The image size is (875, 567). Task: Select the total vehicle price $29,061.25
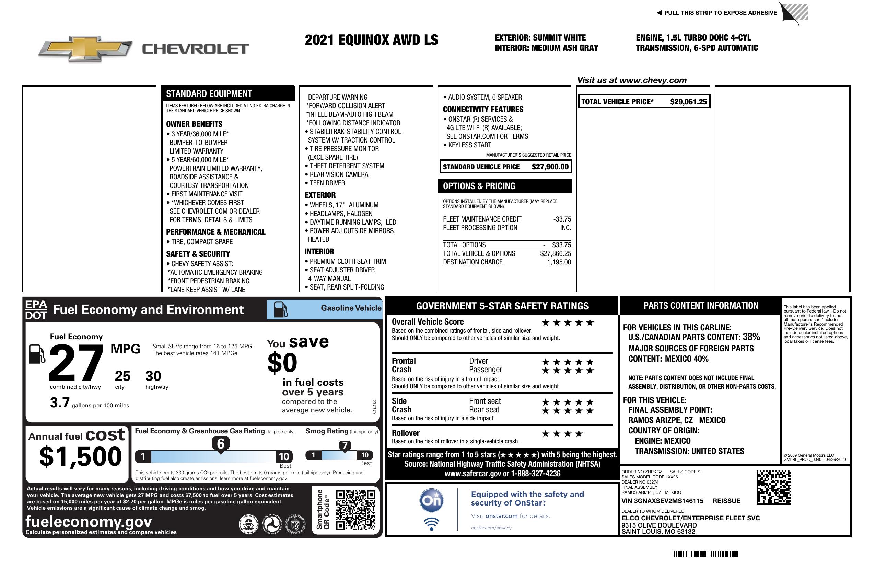click(x=688, y=102)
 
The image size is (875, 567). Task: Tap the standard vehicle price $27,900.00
click(x=550, y=167)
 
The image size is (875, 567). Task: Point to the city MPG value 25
click(x=122, y=376)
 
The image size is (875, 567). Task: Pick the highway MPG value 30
click(x=153, y=376)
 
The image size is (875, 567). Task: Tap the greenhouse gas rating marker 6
click(x=221, y=444)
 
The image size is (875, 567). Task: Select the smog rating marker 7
click(x=345, y=445)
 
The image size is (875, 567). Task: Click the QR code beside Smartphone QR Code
click(x=355, y=509)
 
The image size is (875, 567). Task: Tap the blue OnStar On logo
click(x=431, y=500)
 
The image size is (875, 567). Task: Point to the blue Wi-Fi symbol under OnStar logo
click(x=431, y=524)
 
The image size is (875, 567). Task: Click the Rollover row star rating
click(x=562, y=434)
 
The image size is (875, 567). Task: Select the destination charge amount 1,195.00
click(x=559, y=262)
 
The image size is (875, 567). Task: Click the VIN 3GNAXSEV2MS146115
click(x=662, y=501)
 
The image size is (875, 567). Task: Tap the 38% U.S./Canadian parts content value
click(x=751, y=337)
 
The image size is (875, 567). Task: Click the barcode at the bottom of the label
click(x=704, y=554)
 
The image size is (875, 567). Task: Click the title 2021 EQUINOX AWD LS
click(x=371, y=40)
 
